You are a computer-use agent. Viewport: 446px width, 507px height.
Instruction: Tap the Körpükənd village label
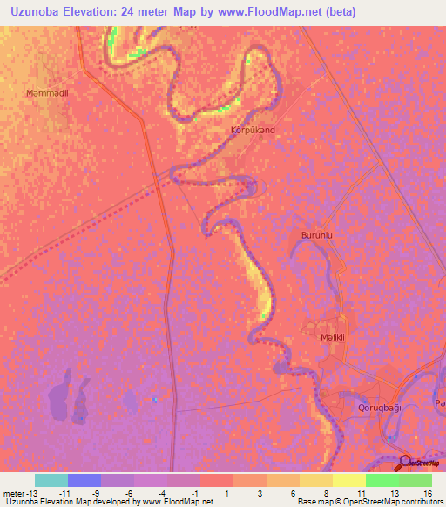pyautogui.click(x=253, y=131)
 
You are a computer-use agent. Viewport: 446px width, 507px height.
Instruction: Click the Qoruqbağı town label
pyautogui.click(x=383, y=408)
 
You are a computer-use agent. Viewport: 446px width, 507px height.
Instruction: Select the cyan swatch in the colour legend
pyautogui.click(x=51, y=480)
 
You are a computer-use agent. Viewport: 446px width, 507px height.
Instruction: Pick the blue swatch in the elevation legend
pyautogui.click(x=84, y=480)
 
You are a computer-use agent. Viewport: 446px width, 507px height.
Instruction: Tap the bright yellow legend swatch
pyautogui.click(x=349, y=480)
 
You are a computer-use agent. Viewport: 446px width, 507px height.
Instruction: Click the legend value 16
pyautogui.click(x=429, y=493)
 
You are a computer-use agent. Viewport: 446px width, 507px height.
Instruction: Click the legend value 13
pyautogui.click(x=395, y=493)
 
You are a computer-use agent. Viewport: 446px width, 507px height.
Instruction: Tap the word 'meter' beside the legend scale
pyautogui.click(x=15, y=493)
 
